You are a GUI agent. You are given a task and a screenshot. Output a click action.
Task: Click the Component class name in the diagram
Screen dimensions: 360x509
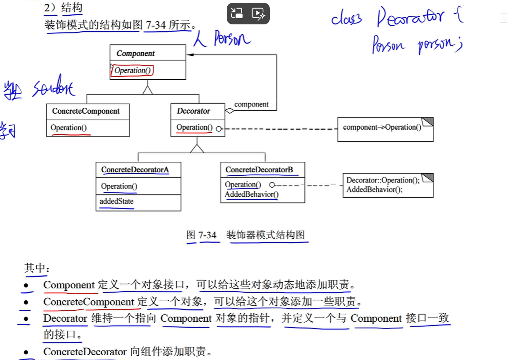(136, 53)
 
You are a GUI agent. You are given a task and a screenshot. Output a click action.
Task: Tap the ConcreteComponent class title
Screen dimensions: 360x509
(86, 111)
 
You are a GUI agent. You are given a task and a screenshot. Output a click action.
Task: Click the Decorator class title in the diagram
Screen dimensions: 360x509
(193, 111)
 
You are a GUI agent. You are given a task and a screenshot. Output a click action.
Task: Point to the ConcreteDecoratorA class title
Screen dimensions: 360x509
(135, 169)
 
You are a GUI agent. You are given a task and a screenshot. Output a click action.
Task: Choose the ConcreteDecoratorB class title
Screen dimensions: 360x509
(259, 169)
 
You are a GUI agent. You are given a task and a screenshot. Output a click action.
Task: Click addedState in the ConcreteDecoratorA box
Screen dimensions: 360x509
(117, 201)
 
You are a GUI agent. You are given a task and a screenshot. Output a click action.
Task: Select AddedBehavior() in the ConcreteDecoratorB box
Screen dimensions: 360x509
(252, 194)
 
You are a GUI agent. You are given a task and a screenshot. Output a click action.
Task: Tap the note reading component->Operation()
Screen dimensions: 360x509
(382, 127)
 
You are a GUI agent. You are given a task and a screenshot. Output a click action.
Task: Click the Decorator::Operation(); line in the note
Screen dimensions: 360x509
(383, 180)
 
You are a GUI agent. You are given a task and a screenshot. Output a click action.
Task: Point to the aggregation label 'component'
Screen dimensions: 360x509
(252, 105)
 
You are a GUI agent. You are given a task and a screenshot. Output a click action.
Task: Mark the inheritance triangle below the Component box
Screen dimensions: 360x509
(148, 89)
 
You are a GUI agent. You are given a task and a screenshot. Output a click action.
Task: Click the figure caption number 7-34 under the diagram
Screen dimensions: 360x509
(207, 235)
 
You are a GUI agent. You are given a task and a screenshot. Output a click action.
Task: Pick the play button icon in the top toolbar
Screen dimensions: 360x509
(258, 14)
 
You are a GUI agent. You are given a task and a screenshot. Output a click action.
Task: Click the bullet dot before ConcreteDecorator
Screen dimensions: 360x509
(26, 352)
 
